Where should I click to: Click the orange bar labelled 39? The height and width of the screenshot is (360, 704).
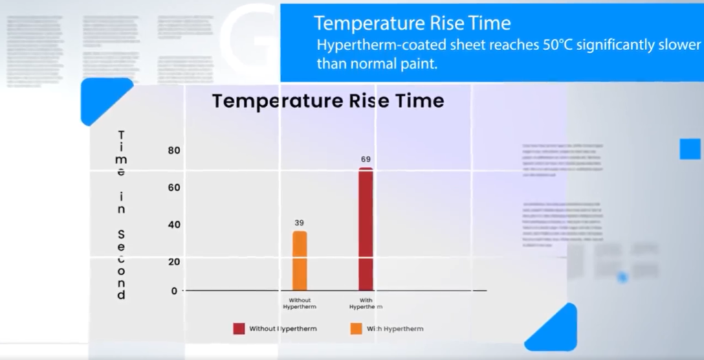(x=300, y=261)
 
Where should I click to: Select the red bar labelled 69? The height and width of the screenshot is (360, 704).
(x=366, y=229)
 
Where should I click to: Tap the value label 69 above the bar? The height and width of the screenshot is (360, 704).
(x=366, y=159)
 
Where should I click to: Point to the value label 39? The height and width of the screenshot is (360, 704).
(x=300, y=223)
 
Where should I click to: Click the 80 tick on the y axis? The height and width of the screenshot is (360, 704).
(x=174, y=150)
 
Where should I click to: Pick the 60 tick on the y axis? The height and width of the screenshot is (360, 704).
(x=174, y=188)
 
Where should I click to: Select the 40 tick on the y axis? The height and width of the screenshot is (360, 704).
(x=174, y=225)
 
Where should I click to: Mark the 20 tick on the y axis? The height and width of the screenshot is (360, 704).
(x=174, y=262)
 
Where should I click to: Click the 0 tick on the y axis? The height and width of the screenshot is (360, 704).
(x=174, y=291)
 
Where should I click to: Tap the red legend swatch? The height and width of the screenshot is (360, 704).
(x=239, y=328)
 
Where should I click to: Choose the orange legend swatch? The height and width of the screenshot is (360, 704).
(x=356, y=328)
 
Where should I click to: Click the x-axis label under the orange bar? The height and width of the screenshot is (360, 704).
(x=300, y=304)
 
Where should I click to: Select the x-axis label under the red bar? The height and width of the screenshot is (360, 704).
(x=366, y=304)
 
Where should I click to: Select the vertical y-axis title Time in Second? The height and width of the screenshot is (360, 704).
(x=122, y=215)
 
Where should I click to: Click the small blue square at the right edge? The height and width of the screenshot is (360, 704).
(x=690, y=149)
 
